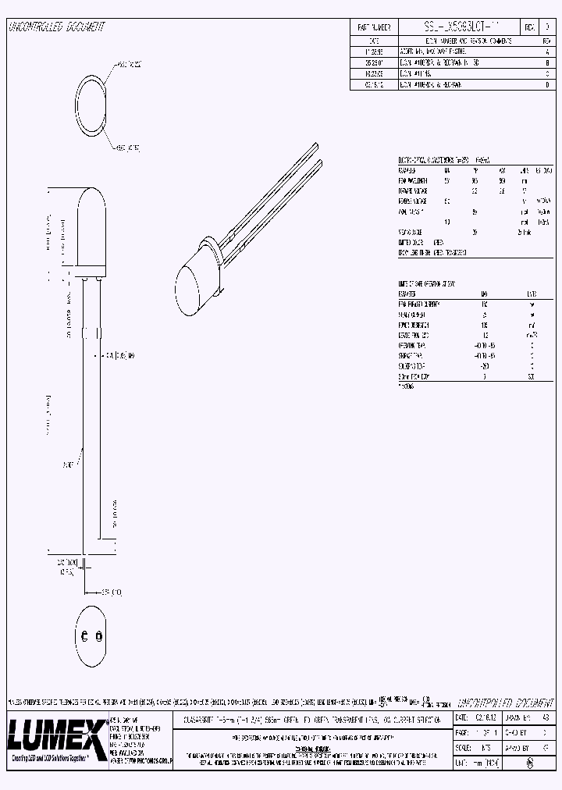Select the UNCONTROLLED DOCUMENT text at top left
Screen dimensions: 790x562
(56, 27)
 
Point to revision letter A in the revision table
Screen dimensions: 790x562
(546, 49)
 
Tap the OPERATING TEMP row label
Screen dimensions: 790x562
(414, 344)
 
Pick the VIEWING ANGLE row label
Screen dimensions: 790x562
(411, 232)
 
